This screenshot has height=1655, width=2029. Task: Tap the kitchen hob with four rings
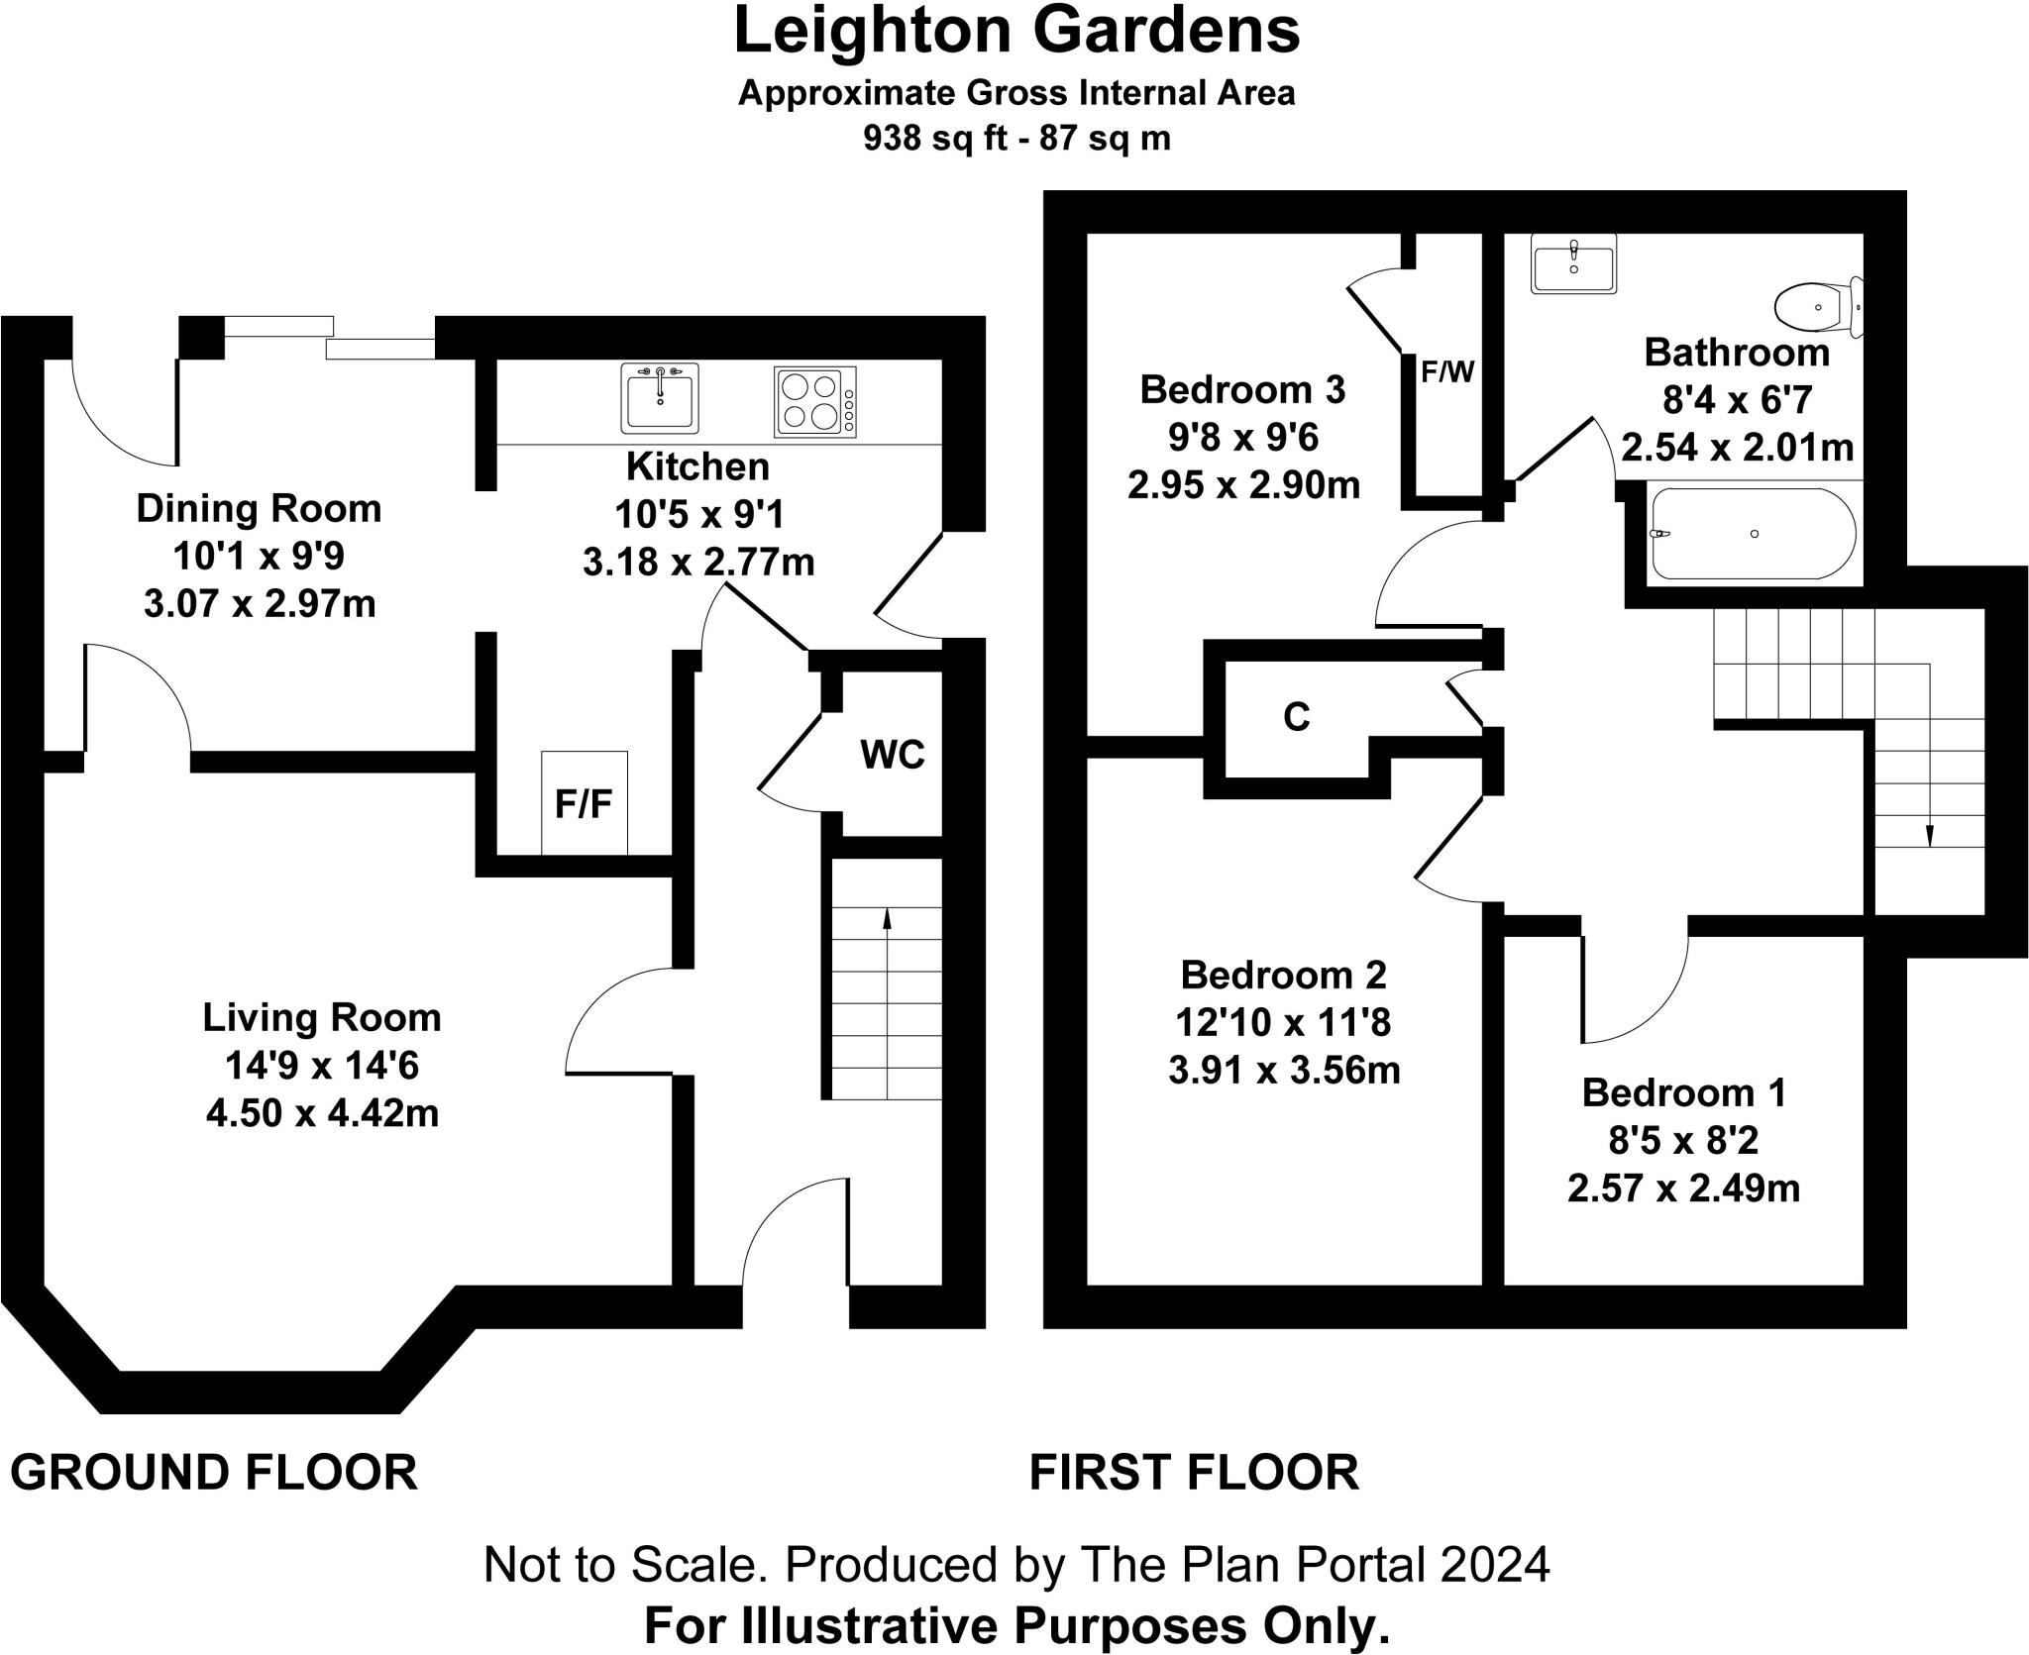click(x=814, y=401)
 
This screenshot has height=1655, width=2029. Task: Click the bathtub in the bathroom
click(x=1754, y=534)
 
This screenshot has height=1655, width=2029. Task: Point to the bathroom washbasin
click(x=1573, y=263)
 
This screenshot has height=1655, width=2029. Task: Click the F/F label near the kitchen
click(x=584, y=804)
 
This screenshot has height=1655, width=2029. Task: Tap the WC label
click(x=892, y=755)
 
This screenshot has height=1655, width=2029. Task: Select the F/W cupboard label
click(x=1447, y=372)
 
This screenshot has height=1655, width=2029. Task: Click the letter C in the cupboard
click(x=1296, y=716)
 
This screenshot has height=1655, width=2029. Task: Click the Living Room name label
click(x=322, y=1017)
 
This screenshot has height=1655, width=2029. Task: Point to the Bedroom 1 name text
click(x=1683, y=1092)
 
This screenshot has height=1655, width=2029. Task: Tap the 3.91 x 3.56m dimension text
click(x=1284, y=1071)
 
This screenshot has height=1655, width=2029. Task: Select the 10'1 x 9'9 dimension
click(x=259, y=557)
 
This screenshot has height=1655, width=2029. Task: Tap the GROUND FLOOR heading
click(x=214, y=1473)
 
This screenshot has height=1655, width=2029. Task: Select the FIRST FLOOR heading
click(x=1194, y=1473)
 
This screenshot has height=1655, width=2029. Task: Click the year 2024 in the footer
click(x=1495, y=1566)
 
